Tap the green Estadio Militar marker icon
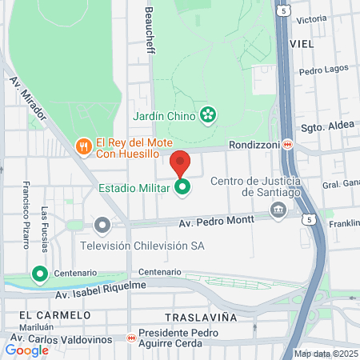pyautogui.click(x=183, y=188)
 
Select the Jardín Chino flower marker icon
pyautogui.click(x=208, y=115)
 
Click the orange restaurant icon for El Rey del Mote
pyautogui.click(x=83, y=146)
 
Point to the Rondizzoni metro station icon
pyautogui.click(x=287, y=144)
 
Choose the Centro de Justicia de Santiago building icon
pyautogui.click(x=278, y=210)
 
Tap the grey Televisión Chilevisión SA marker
pyautogui.click(x=102, y=226)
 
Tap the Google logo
pyautogui.click(x=27, y=350)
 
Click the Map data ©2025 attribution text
pyautogui.click(x=325, y=354)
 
